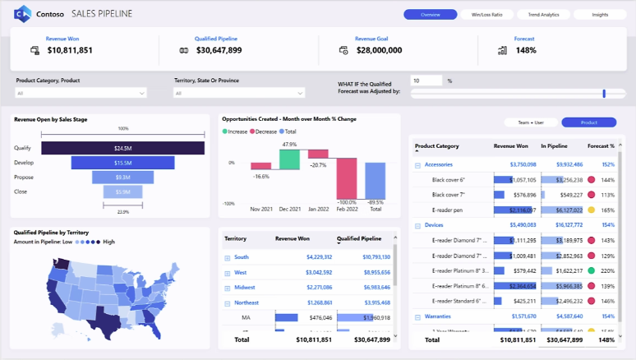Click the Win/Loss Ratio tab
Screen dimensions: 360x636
[x=487, y=15]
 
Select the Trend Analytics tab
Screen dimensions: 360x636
[x=543, y=15]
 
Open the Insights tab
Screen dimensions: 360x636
[x=600, y=15]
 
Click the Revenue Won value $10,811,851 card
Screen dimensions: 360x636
[x=70, y=50]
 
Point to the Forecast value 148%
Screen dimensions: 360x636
[x=526, y=50]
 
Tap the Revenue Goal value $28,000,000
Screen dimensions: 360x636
[x=379, y=50]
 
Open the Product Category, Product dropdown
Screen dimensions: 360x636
[x=81, y=94]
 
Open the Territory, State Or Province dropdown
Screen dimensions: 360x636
[x=239, y=94]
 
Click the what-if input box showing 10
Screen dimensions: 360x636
[x=426, y=81]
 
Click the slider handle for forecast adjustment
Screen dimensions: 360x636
[x=604, y=94]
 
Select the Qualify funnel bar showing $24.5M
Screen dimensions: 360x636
[x=122, y=148]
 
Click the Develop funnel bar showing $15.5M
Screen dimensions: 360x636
[x=122, y=164]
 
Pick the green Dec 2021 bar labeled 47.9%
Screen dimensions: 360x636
[x=288, y=160]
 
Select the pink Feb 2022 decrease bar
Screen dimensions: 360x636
[x=347, y=178]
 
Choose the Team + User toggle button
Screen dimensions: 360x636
[x=531, y=122]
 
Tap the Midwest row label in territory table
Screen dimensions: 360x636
[x=244, y=287]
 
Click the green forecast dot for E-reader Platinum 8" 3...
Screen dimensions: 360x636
[x=591, y=270]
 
